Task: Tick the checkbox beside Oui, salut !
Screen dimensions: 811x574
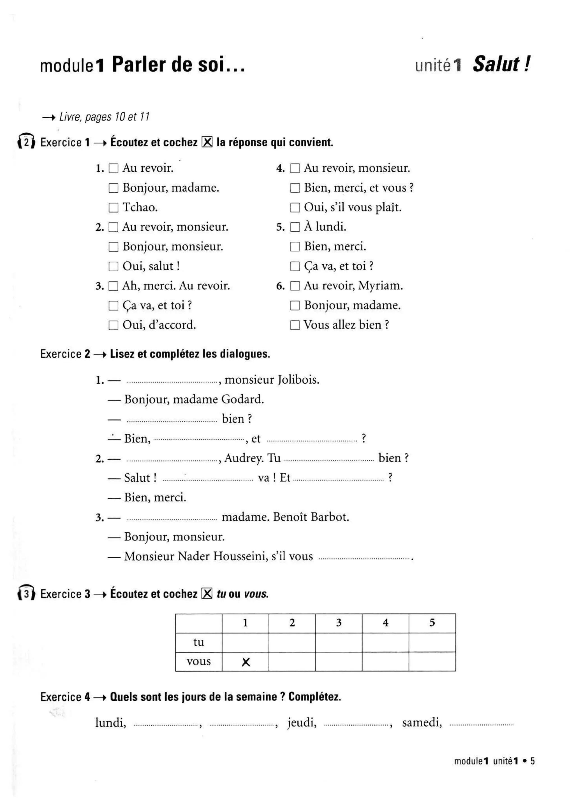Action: [113, 266]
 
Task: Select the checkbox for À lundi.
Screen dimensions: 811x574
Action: [295, 227]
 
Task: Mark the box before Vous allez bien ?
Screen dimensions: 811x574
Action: [295, 325]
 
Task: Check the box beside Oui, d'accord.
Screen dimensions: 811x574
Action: [113, 325]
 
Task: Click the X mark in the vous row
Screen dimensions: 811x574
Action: [246, 662]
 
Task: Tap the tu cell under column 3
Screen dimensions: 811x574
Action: [338, 642]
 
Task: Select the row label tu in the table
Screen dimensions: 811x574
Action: [199, 642]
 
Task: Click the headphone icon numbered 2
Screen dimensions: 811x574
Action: [26, 142]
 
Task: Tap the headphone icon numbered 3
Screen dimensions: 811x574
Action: [26, 593]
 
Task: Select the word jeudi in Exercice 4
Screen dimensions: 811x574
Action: [302, 723]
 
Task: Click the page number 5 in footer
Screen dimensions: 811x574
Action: [532, 761]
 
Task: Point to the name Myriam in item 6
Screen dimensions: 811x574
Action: [380, 286]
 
